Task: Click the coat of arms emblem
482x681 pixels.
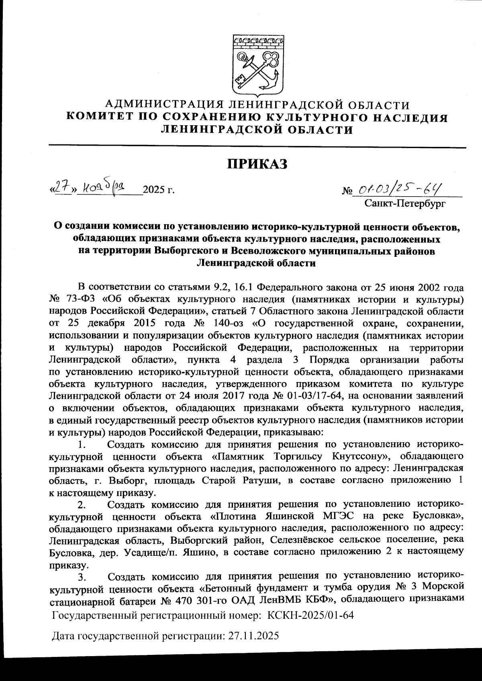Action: tap(257, 64)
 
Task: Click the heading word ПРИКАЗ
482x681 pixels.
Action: tap(257, 164)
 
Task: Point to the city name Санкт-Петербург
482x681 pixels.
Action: tap(405, 204)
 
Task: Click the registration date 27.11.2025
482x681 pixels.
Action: tap(253, 636)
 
